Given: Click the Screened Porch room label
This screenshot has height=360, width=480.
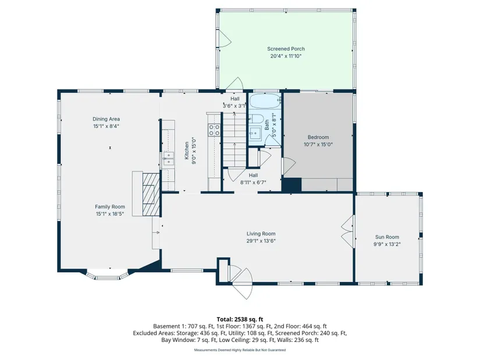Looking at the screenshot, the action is (x=286, y=49).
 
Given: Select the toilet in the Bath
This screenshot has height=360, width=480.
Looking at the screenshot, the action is (x=255, y=119).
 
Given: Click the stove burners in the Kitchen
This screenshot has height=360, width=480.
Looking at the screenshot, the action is (x=214, y=130).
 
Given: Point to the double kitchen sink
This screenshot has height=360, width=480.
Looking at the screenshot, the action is (x=168, y=159).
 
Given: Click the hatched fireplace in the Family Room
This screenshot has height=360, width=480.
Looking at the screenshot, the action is (x=151, y=194).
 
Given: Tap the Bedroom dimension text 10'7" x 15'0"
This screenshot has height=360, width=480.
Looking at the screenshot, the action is (x=318, y=144).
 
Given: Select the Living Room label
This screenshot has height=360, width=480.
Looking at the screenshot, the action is (x=261, y=234).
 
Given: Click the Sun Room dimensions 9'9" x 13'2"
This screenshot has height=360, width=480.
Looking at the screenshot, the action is (x=387, y=244).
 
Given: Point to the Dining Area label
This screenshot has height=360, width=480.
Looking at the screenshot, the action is (x=106, y=119).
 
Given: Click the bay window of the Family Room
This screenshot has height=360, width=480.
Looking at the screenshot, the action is (x=106, y=275).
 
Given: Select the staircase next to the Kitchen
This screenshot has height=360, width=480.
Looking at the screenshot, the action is (x=234, y=139).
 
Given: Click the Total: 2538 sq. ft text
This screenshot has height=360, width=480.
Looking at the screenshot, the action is (x=240, y=320).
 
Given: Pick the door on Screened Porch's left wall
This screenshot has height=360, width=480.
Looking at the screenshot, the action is (x=224, y=39).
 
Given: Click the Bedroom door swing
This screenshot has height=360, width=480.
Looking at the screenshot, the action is (x=289, y=167).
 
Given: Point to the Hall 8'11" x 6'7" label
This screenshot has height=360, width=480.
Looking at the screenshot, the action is (x=253, y=179).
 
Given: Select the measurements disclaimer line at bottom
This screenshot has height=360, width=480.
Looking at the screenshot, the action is (x=240, y=350).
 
